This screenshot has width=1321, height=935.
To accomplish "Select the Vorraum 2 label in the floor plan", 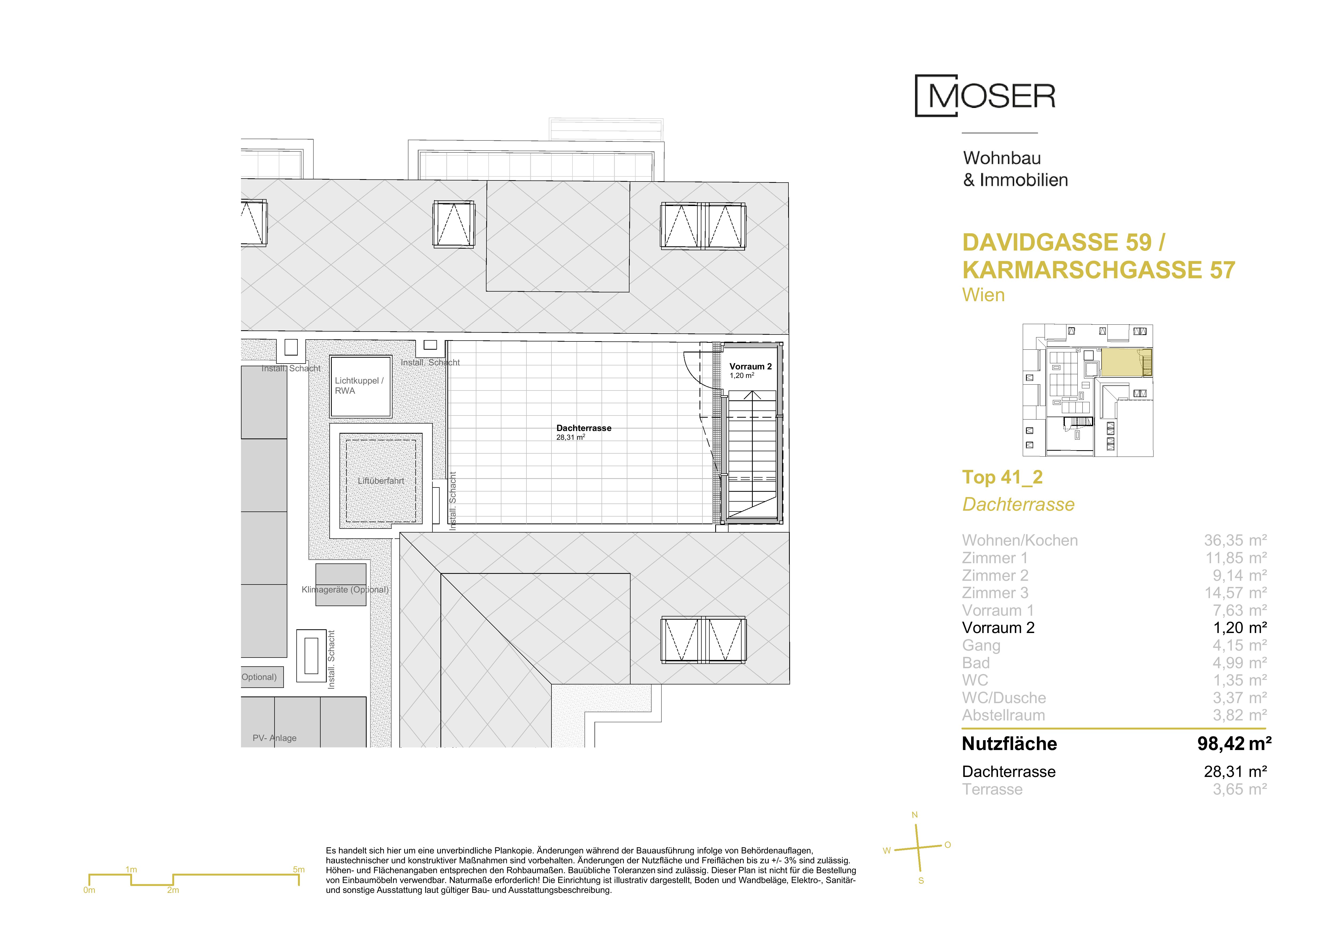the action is click(x=750, y=366).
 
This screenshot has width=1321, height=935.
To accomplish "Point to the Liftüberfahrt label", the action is click(x=381, y=481).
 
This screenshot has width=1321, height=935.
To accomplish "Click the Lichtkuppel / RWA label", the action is click(x=359, y=385).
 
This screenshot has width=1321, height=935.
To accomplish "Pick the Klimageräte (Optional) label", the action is click(x=345, y=590).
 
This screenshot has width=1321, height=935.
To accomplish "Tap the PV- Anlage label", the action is click(x=275, y=738).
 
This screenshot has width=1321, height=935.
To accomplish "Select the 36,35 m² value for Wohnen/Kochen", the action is click(x=1235, y=541).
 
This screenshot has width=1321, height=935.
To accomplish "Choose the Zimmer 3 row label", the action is click(x=995, y=593).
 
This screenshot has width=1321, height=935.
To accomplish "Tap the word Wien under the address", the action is click(x=983, y=295).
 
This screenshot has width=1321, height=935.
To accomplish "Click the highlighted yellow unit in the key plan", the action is click(x=1125, y=363).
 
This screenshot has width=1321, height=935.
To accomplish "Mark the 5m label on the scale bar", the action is click(x=298, y=869).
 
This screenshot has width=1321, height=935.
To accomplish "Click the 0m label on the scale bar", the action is click(x=89, y=890).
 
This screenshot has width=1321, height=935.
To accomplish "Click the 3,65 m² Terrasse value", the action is click(x=1240, y=789).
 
